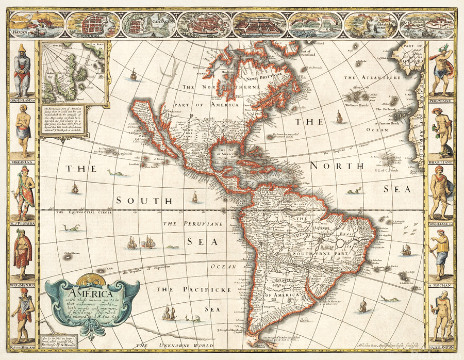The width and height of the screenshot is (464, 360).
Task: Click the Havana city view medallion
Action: (x=37, y=23)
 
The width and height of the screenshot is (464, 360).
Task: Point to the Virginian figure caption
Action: (x=22, y=161)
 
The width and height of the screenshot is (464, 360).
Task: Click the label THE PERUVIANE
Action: (x=193, y=224)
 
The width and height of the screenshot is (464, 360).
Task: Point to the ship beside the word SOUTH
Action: (x=194, y=197)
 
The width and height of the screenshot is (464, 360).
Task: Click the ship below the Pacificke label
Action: (x=169, y=312)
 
